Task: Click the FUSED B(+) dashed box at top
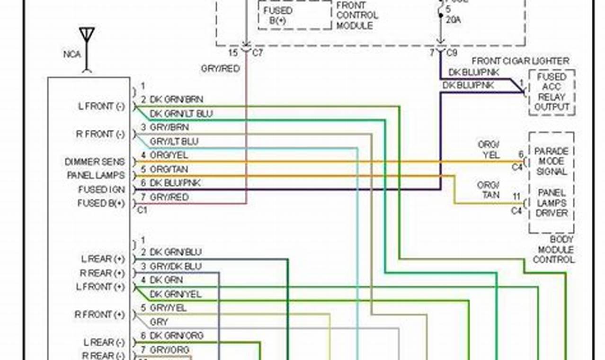click(294, 15)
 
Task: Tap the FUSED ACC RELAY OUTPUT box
click(552, 92)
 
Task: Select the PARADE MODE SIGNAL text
click(552, 162)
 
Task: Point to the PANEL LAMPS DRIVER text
click(552, 203)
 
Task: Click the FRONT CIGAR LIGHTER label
click(520, 61)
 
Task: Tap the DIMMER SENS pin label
click(95, 162)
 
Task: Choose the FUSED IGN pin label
click(101, 189)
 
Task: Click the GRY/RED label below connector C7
click(220, 69)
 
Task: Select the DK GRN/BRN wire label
click(176, 99)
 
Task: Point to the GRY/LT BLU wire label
click(174, 142)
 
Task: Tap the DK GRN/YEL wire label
click(176, 294)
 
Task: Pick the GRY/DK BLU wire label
click(175, 266)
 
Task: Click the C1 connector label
click(142, 210)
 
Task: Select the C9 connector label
click(452, 53)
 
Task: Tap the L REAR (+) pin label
click(103, 259)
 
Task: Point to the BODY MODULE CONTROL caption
click(553, 250)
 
